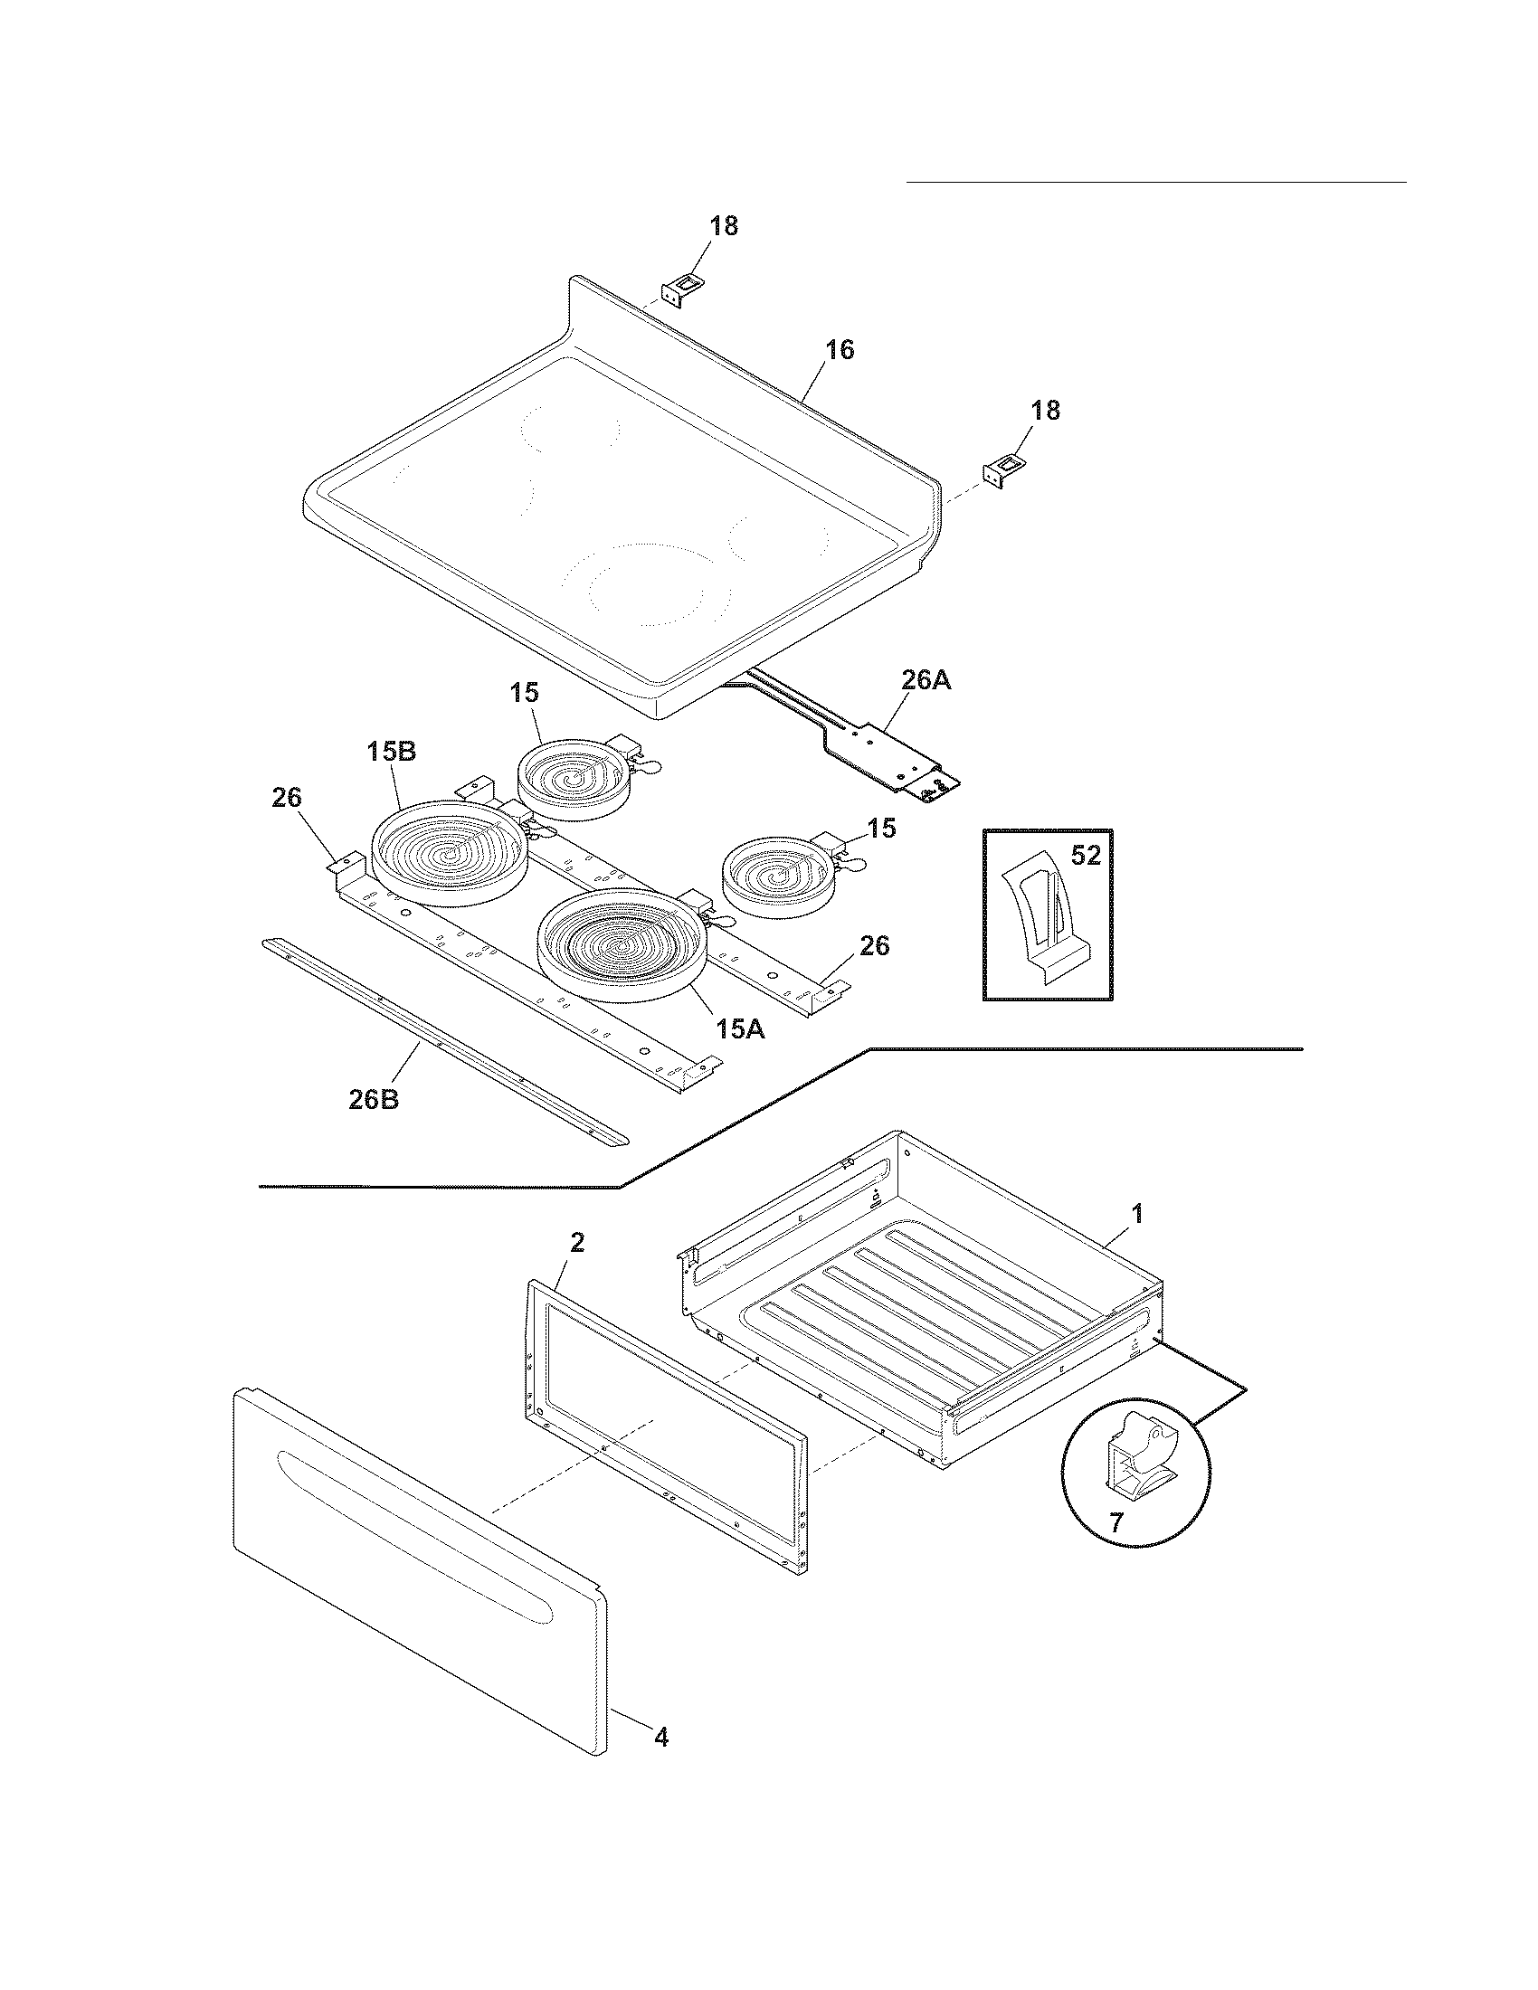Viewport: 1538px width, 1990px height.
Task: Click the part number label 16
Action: pyautogui.click(x=840, y=350)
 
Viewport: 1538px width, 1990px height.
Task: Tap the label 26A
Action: pyautogui.click(x=926, y=679)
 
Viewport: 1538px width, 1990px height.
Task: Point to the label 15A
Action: pyautogui.click(x=739, y=1029)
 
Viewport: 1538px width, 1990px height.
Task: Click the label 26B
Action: pyautogui.click(x=374, y=1099)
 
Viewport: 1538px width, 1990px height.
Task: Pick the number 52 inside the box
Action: pyautogui.click(x=1085, y=856)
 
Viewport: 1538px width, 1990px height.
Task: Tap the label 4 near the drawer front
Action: pyautogui.click(x=661, y=1763)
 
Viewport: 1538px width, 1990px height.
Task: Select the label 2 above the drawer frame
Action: pyautogui.click(x=578, y=1242)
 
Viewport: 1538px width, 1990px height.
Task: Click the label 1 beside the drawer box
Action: pyautogui.click(x=1136, y=1213)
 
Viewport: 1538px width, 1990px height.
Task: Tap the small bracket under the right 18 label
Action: pyautogui.click(x=1001, y=473)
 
